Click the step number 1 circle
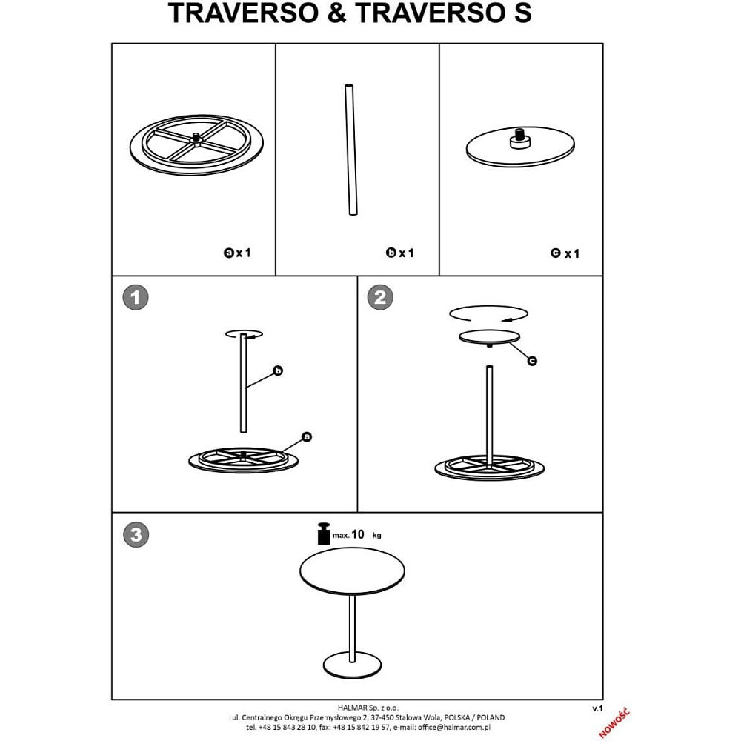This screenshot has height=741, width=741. (x=136, y=297)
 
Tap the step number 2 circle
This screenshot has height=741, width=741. (x=380, y=297)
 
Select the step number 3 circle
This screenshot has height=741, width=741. (x=136, y=534)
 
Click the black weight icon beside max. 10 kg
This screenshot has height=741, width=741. (x=324, y=534)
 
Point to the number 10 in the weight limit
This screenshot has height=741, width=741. (x=358, y=534)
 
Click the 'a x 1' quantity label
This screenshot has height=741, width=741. (x=237, y=253)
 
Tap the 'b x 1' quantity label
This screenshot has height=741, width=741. (x=400, y=253)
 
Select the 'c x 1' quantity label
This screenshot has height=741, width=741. (x=565, y=253)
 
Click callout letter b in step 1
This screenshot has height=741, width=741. (x=278, y=370)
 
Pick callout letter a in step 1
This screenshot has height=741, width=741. (x=307, y=436)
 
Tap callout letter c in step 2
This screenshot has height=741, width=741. (x=532, y=361)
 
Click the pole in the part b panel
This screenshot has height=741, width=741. (x=350, y=150)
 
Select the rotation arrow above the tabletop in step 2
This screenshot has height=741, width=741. (x=488, y=313)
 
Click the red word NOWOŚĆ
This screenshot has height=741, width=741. (x=614, y=722)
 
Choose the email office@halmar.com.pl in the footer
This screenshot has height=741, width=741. (x=454, y=728)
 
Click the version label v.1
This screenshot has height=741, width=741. (x=597, y=708)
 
